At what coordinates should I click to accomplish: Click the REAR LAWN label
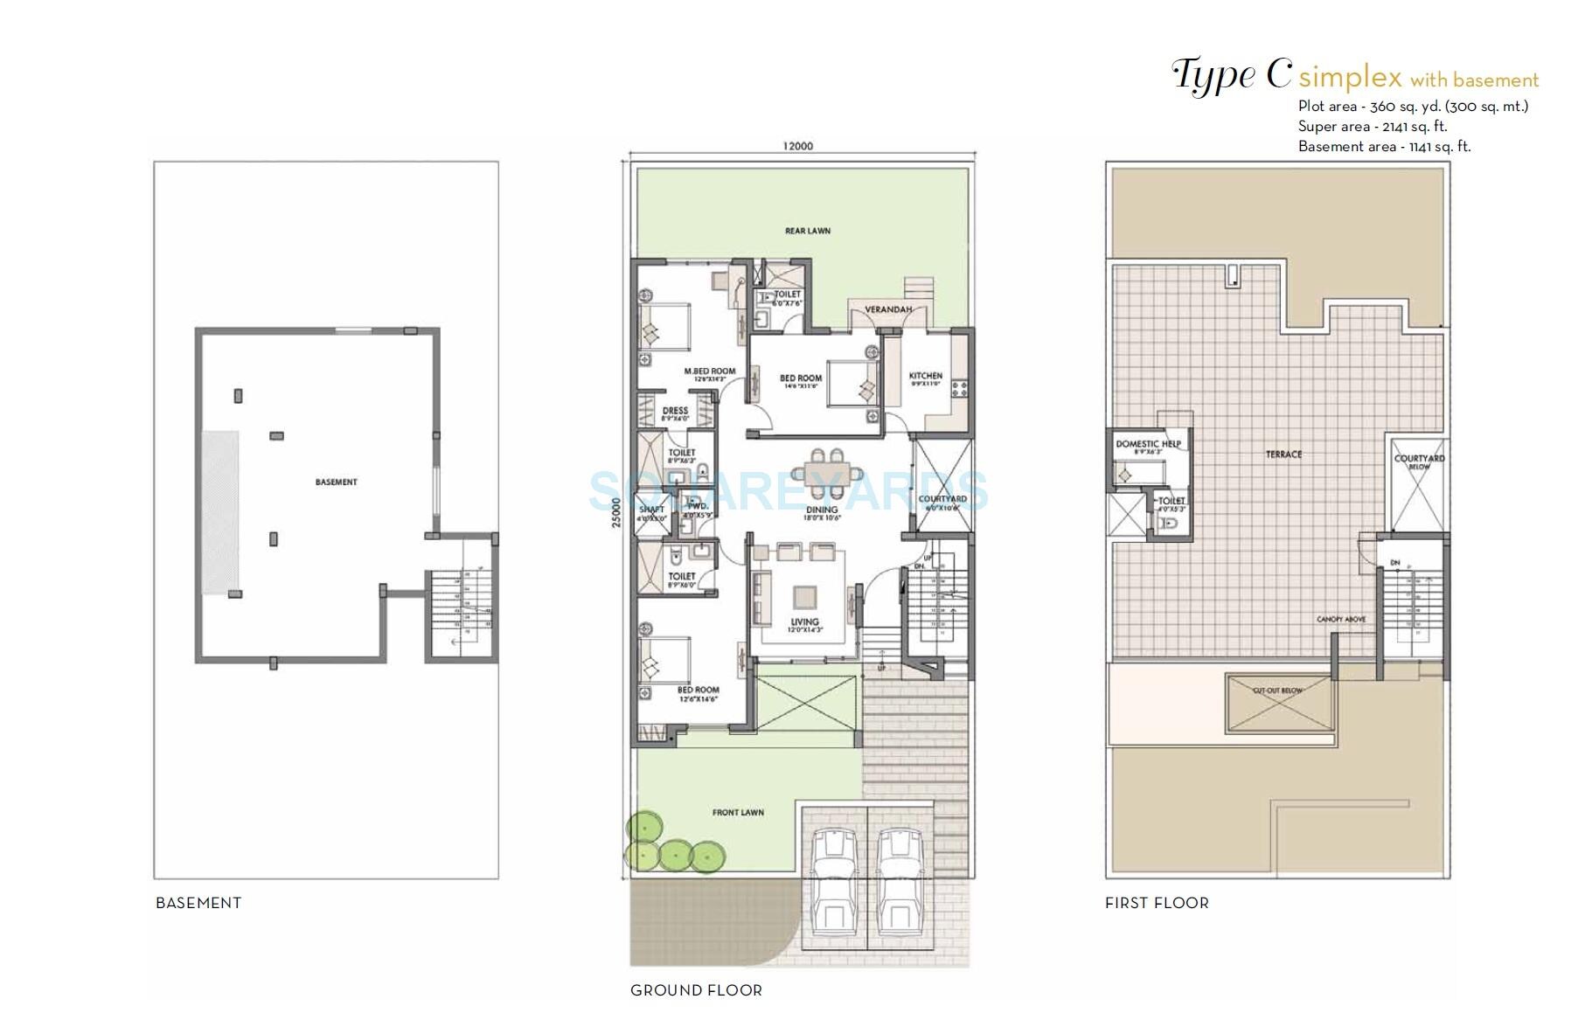tap(807, 231)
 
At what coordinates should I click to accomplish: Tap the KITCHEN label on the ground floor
tap(925, 376)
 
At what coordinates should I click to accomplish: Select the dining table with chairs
tap(823, 473)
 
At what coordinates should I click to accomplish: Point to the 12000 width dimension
tap(797, 146)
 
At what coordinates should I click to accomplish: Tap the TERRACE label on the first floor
tap(1283, 454)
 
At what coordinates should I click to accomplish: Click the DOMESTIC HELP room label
tap(1147, 444)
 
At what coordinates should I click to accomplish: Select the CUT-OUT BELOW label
tap(1277, 690)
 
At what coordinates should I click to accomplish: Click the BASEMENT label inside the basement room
tap(336, 482)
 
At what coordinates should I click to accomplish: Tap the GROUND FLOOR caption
tap(696, 990)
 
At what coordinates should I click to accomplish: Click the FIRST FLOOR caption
tap(1156, 903)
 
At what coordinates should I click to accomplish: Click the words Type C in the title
tap(1231, 75)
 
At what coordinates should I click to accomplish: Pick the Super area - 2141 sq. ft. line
tap(1372, 127)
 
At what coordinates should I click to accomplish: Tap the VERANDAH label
tap(887, 309)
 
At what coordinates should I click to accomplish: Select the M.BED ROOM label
tap(709, 371)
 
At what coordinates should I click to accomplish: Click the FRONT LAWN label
tap(737, 812)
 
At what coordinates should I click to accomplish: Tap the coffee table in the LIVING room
tap(804, 597)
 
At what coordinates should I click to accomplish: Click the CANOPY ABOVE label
tap(1340, 619)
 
